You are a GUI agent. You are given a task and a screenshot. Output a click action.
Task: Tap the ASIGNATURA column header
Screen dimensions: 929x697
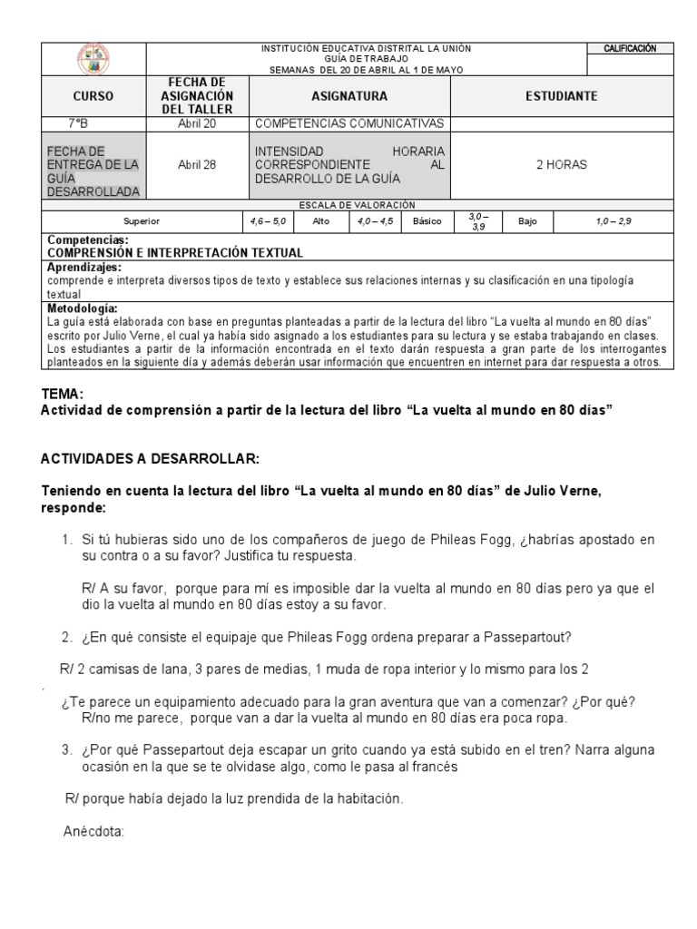pyautogui.click(x=348, y=96)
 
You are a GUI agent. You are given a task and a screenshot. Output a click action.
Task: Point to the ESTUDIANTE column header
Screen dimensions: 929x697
pyautogui.click(x=561, y=96)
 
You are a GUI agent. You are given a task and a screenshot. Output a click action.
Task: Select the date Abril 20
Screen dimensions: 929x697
pyautogui.click(x=197, y=123)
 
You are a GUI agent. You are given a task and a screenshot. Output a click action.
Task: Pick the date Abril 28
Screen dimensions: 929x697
pyautogui.click(x=197, y=165)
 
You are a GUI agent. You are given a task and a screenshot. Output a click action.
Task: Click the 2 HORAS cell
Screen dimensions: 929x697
pyautogui.click(x=561, y=165)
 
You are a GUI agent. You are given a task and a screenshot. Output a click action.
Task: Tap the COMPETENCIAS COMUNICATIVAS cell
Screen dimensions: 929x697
pyautogui.click(x=349, y=123)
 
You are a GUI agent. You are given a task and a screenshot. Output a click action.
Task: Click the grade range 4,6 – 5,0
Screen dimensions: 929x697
pyautogui.click(x=268, y=220)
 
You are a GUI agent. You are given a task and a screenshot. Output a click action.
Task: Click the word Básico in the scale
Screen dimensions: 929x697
pyautogui.click(x=427, y=220)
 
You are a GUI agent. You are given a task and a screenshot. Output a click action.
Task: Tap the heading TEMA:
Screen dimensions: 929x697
pyautogui.click(x=63, y=394)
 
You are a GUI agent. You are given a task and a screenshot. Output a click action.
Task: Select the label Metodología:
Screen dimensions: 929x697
pyautogui.click(x=82, y=308)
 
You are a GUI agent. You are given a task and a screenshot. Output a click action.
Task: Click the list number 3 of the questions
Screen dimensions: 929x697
pyautogui.click(x=66, y=750)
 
